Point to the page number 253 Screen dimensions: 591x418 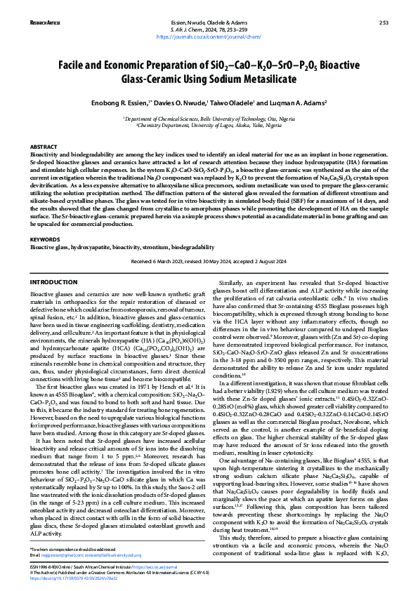tap(384, 22)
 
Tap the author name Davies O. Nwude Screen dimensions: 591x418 tap(184, 102)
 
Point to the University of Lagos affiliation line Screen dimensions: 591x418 tap(209, 126)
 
